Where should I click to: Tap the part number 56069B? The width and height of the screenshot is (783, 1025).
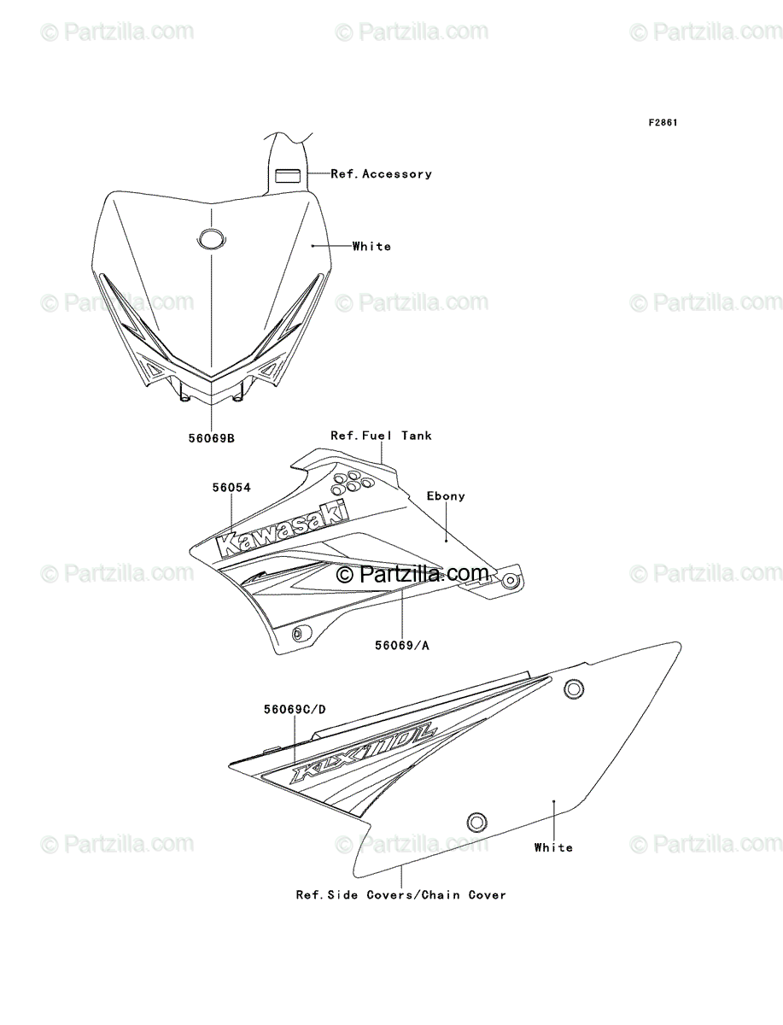coord(212,439)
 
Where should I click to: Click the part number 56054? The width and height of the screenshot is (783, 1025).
coord(231,488)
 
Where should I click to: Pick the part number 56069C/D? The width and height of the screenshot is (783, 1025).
coord(295,709)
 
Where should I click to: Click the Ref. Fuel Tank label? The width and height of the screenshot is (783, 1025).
coord(381,436)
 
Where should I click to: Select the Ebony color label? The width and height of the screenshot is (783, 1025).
coord(446,496)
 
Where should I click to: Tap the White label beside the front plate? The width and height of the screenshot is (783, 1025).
coord(371,247)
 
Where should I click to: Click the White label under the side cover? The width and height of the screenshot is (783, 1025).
coord(553,847)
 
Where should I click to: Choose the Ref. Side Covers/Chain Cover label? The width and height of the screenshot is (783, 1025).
coord(400,895)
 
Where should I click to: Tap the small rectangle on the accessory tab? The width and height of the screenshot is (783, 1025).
coord(287,175)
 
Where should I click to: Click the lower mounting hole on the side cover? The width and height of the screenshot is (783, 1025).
coord(476,821)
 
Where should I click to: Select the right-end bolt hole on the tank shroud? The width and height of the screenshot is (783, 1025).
coord(510,582)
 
